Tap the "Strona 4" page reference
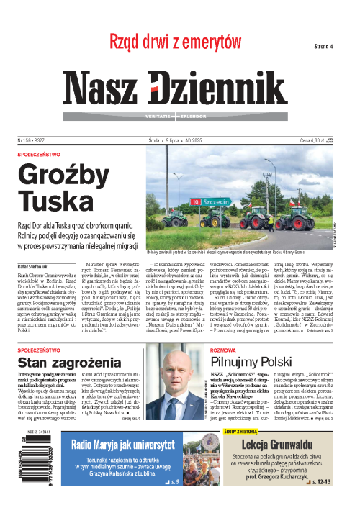(x=322, y=46)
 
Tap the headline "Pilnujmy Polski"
(x=253, y=341)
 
